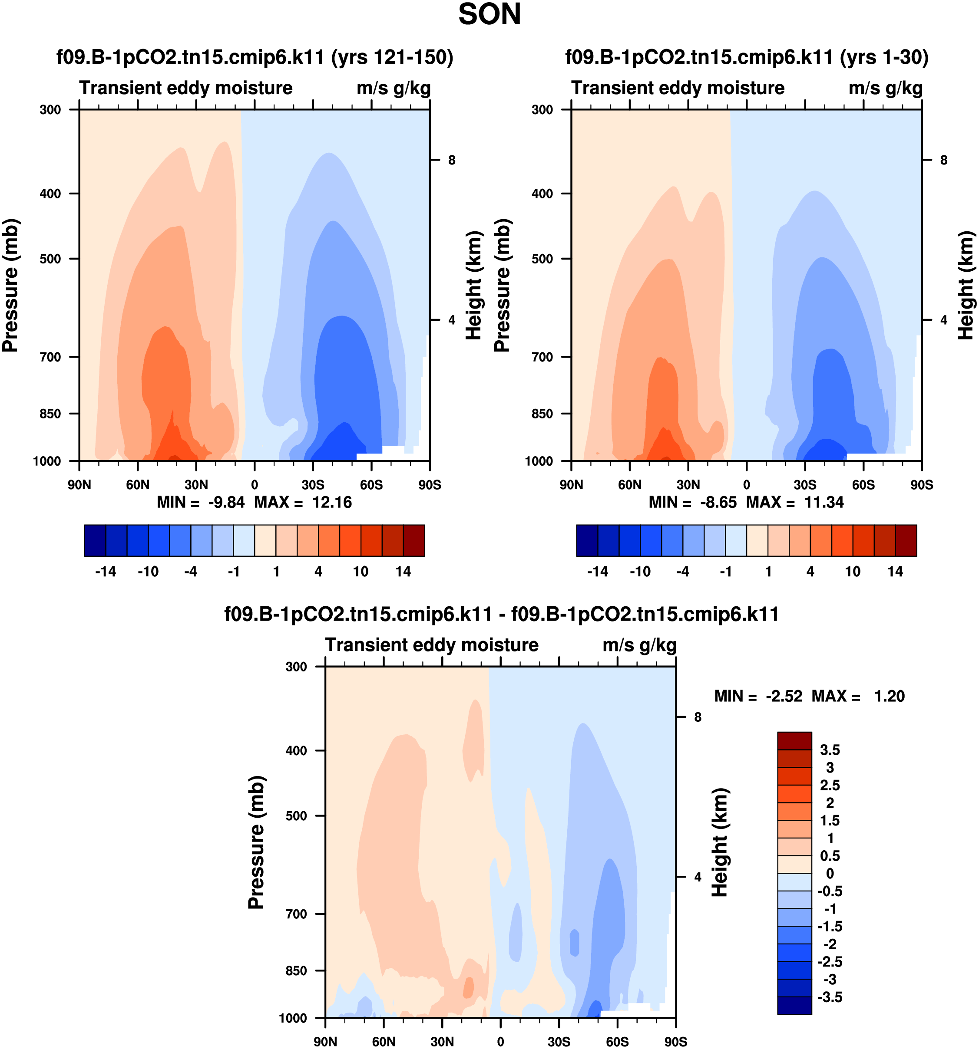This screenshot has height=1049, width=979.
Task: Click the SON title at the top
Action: click(x=489, y=15)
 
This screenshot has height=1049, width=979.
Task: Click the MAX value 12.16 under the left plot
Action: click(x=331, y=502)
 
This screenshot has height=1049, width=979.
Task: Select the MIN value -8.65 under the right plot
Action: click(x=718, y=502)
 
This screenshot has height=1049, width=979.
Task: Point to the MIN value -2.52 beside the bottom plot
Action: click(x=784, y=696)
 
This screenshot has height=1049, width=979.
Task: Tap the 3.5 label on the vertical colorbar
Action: click(x=829, y=750)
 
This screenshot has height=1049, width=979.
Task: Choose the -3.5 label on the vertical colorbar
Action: click(x=829, y=997)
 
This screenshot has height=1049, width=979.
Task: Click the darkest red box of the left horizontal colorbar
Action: click(x=413, y=540)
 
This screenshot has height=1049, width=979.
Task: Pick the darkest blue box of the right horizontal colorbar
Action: click(x=587, y=540)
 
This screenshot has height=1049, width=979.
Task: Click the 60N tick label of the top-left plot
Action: click(x=137, y=484)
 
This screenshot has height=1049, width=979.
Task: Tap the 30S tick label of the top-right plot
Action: click(x=805, y=484)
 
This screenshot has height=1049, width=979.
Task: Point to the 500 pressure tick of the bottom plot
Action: click(x=296, y=816)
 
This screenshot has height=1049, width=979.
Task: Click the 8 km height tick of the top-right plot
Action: click(x=944, y=160)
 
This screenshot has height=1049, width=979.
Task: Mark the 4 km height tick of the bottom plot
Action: click(x=698, y=877)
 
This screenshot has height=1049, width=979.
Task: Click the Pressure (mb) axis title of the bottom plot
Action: click(x=256, y=842)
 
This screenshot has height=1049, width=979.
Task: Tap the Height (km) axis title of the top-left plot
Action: click(x=474, y=286)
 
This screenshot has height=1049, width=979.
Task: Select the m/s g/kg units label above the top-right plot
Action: click(x=885, y=88)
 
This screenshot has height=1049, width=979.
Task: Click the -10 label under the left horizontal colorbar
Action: click(x=148, y=572)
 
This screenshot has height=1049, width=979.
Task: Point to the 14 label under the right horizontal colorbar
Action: click(x=895, y=572)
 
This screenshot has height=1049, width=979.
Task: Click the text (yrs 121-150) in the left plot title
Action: click(x=392, y=57)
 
